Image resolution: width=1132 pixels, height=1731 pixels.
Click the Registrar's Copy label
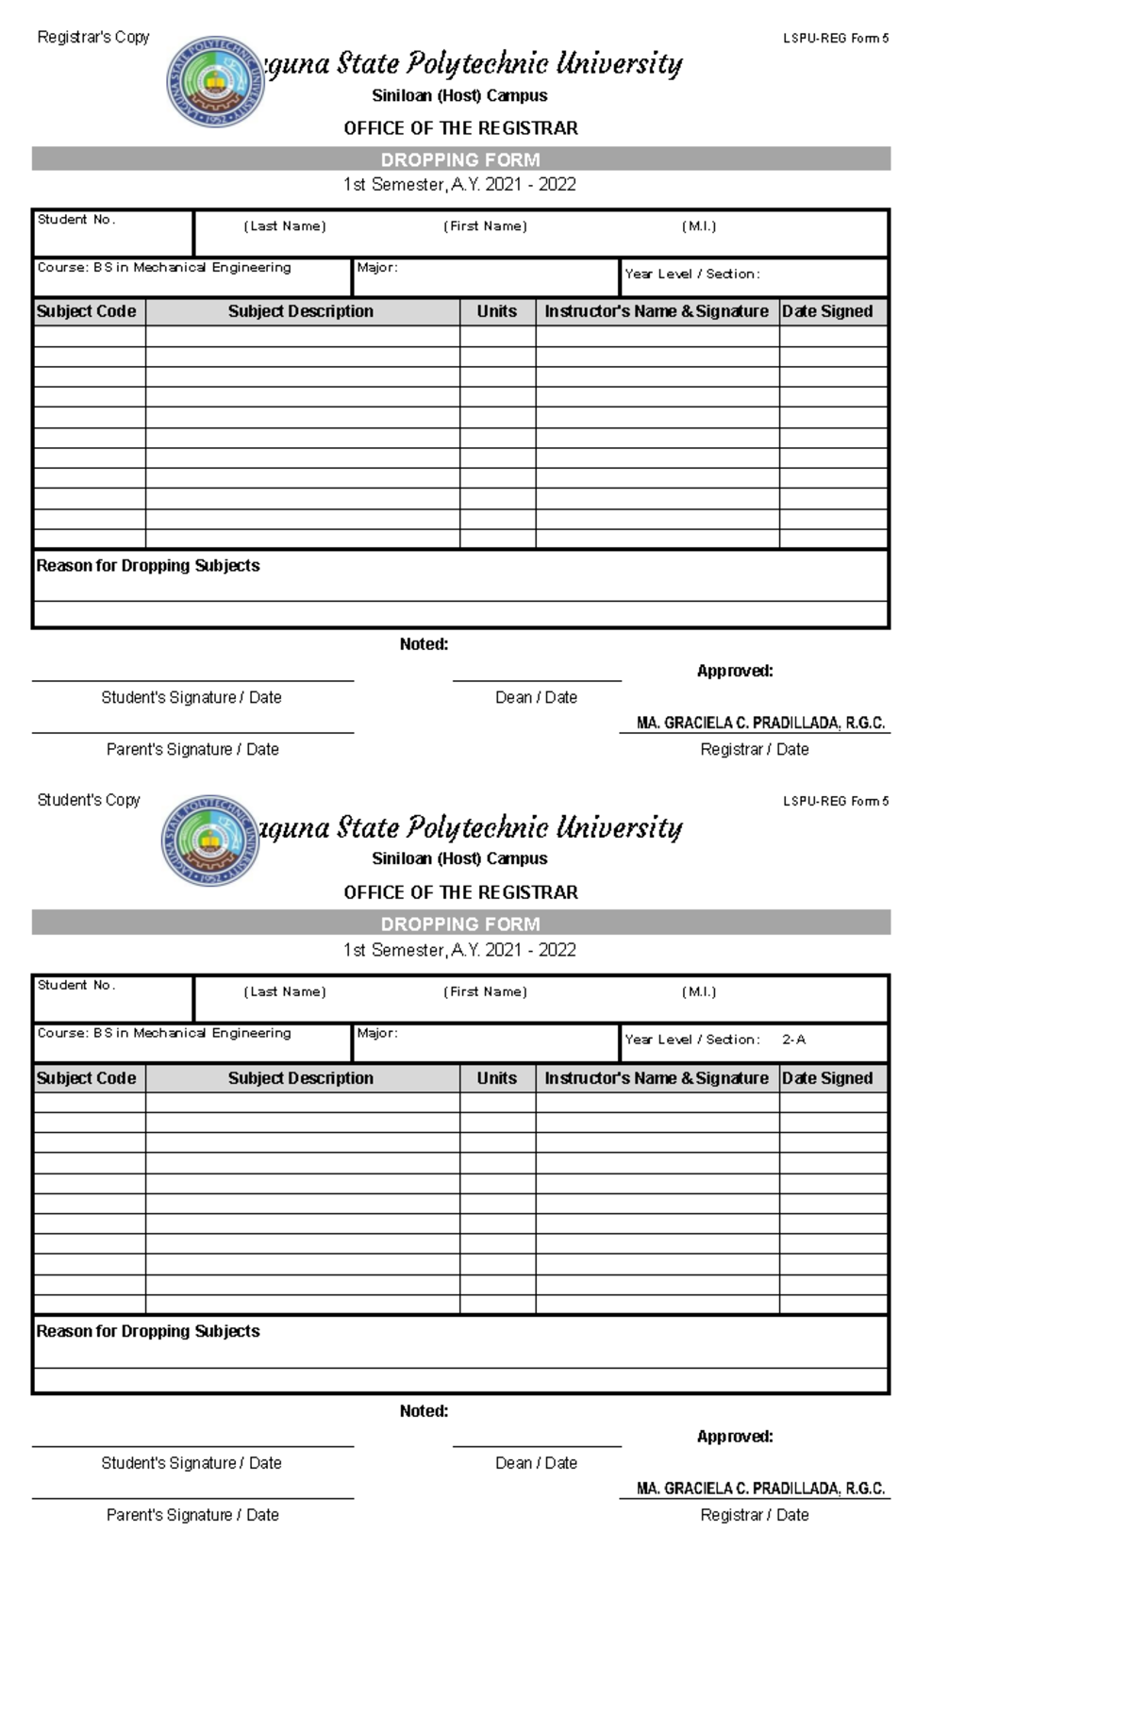92,37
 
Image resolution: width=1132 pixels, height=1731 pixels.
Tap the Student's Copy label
88,800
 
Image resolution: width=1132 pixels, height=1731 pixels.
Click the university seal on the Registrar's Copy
214,81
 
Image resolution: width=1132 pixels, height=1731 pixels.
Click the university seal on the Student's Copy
209,841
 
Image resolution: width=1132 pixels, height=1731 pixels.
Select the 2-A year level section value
793,1040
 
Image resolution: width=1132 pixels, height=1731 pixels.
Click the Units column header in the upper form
496,311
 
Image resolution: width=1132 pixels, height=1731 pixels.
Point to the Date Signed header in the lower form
827,1078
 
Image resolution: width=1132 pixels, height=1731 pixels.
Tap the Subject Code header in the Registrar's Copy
86,311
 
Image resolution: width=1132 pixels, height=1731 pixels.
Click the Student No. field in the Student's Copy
112,999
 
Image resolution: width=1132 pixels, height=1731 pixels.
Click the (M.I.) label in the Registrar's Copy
699,226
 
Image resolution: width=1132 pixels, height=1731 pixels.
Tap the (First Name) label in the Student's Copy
485,991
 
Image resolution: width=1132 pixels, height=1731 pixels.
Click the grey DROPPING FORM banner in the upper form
460,159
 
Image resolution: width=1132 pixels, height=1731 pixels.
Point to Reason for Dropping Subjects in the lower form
147,1331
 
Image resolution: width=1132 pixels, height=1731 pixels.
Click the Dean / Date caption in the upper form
536,697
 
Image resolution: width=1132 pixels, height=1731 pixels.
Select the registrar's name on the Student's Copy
760,1489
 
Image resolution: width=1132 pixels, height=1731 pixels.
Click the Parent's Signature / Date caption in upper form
192,749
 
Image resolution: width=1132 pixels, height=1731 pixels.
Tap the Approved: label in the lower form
735,1437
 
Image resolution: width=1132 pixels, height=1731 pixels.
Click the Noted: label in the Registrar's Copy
424,644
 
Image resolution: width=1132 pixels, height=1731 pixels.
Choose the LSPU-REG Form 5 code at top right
836,39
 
